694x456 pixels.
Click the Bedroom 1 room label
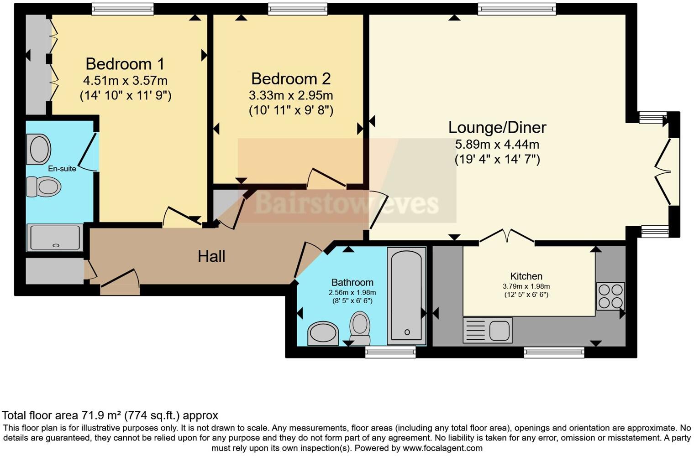[x=125, y=64]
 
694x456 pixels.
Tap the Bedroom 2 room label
[x=291, y=79]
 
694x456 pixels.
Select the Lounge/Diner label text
[x=497, y=128]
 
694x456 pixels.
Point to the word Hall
[x=211, y=256]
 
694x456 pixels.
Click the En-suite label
[x=62, y=169]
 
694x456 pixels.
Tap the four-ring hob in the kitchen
[x=610, y=296]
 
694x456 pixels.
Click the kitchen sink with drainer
[x=488, y=330]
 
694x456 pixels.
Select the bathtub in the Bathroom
[x=406, y=296]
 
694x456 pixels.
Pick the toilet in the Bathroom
[x=360, y=328]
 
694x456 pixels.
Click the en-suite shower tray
[x=55, y=237]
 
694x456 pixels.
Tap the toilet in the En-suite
[x=44, y=187]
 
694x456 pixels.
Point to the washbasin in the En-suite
[x=39, y=149]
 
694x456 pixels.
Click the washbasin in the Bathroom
[x=323, y=334]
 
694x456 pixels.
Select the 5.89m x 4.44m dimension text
[x=497, y=144]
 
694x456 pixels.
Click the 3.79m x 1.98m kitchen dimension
[x=526, y=286]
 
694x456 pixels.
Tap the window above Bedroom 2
[x=297, y=9]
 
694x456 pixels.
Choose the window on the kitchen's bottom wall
[x=554, y=352]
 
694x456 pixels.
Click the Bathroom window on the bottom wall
[x=390, y=352]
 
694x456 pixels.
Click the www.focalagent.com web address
[x=442, y=448]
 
